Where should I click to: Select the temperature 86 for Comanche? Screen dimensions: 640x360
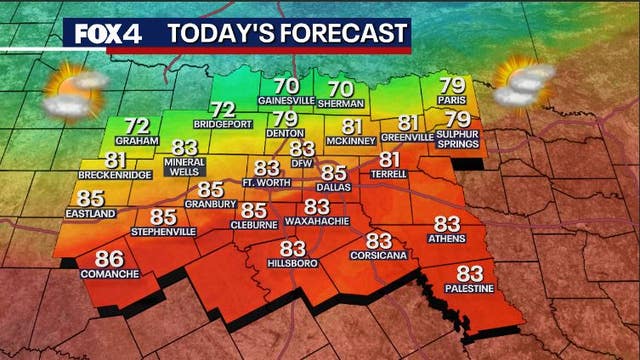96,261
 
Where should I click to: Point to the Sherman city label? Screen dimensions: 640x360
341,102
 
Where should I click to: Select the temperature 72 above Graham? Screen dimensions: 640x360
136,127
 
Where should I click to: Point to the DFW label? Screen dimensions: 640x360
302,162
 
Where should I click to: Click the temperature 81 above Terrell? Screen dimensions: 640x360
389,159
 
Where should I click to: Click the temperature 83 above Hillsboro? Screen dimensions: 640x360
292,247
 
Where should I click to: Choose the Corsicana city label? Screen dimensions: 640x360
378,255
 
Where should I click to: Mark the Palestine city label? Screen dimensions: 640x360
470,287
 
